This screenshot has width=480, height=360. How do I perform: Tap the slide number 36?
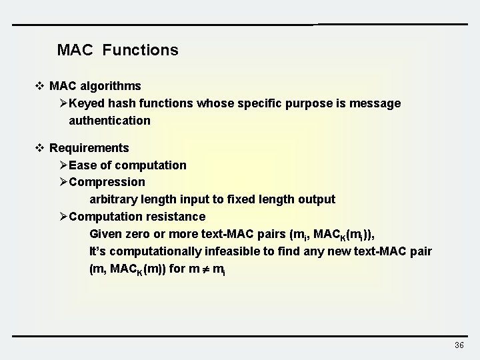click(459, 345)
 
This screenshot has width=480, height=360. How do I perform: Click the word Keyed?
click(85, 103)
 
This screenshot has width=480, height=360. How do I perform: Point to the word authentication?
click(109, 121)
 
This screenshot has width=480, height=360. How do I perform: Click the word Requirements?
click(89, 147)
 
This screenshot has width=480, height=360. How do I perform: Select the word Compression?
click(107, 182)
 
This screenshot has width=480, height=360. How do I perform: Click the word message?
click(377, 103)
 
